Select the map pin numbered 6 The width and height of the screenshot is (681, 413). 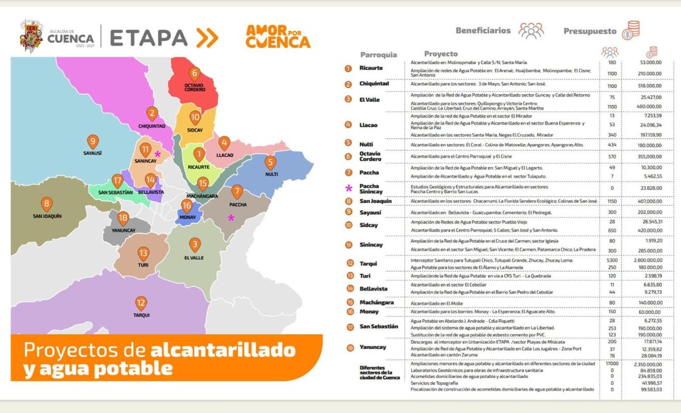(x=195, y=73)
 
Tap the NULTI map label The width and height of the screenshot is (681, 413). (x=270, y=175)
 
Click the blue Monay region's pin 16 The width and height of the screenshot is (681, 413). (x=186, y=206)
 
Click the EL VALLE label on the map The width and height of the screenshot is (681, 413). (x=194, y=257)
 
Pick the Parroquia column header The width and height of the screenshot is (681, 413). (x=379, y=54)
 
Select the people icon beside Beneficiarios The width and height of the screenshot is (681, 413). (x=531, y=31)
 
